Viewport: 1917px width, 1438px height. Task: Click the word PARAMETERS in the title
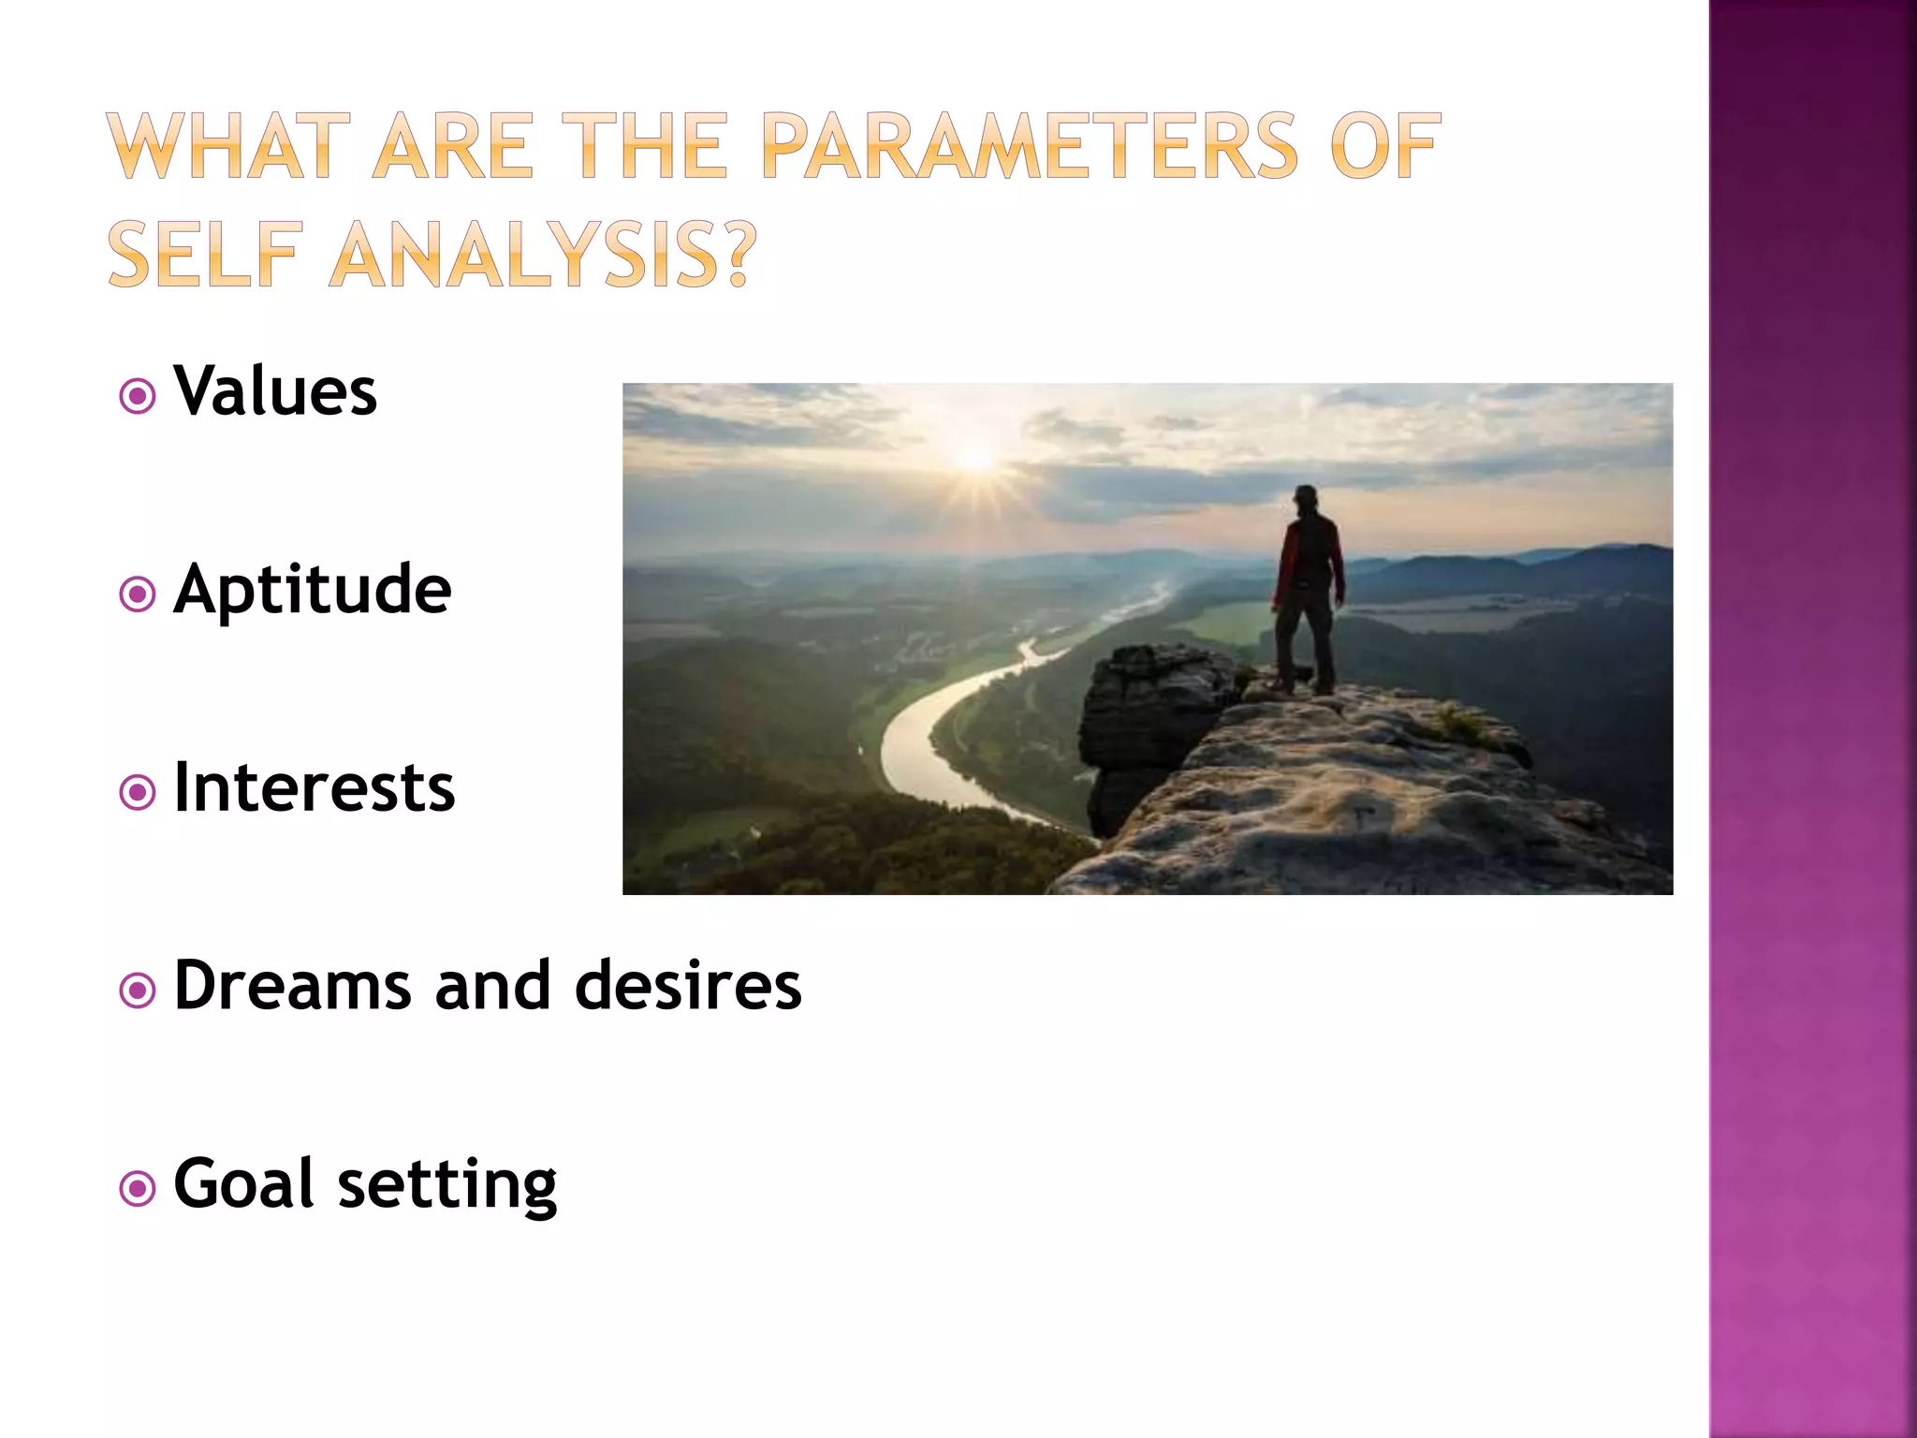(x=1030, y=146)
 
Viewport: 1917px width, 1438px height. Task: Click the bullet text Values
(x=275, y=391)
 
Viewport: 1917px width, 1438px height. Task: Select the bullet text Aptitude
(x=313, y=590)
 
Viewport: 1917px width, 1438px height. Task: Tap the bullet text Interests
(x=315, y=788)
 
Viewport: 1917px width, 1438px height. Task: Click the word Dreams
(x=292, y=986)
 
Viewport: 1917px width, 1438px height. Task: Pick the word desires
(x=688, y=986)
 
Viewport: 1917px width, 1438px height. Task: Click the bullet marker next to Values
(x=138, y=397)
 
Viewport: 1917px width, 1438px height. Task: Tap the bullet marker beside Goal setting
(x=138, y=1189)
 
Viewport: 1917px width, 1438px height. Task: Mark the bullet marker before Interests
(x=138, y=793)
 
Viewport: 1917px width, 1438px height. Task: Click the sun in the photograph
(x=975, y=459)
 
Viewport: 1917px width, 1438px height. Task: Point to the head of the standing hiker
(x=1306, y=496)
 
